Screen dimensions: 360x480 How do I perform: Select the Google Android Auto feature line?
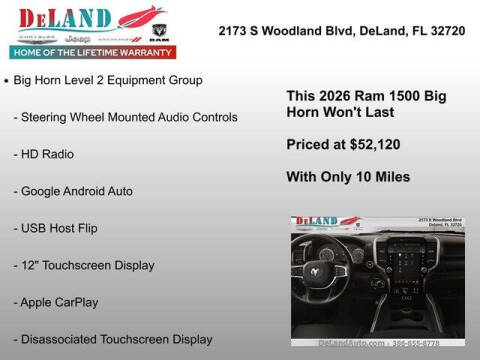tap(74, 190)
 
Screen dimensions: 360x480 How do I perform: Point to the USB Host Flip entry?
tap(58, 227)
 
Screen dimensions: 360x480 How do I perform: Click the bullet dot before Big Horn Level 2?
tap(7, 79)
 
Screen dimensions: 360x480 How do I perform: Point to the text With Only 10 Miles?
tap(348, 179)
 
